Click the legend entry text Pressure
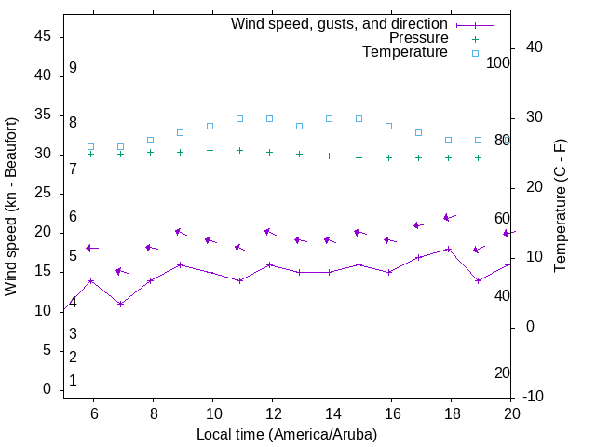coord(418,38)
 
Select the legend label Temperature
coord(405,52)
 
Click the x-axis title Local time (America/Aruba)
coord(287,434)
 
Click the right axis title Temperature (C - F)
coord(561,207)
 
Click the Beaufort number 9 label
coord(73,68)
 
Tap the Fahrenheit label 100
coord(498,62)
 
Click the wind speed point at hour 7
coord(120,304)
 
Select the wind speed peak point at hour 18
coord(449,249)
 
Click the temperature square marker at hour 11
coord(239,118)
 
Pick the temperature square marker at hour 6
coord(90,146)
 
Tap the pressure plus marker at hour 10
coord(210,150)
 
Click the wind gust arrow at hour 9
coord(180,232)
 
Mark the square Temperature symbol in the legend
coord(474,53)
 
